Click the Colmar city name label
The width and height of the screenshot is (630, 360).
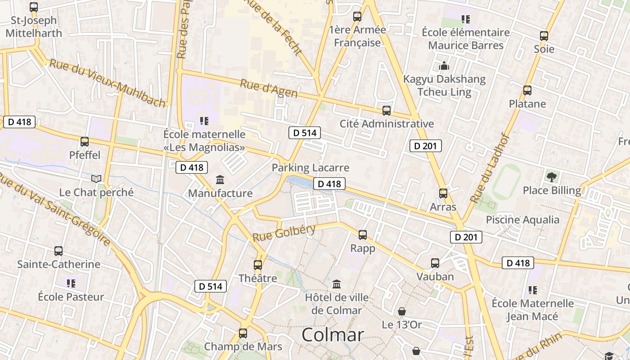tap(333, 335)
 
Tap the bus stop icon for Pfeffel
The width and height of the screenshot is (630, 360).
tap(85, 142)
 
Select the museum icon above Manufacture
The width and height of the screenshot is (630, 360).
tap(220, 180)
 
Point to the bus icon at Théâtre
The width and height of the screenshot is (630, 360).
tap(258, 265)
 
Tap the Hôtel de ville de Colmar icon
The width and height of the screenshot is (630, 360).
tap(337, 284)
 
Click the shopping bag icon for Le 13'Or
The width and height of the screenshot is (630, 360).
tap(402, 311)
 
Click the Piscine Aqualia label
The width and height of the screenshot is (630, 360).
tap(522, 220)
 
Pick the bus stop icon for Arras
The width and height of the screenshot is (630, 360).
tap(443, 193)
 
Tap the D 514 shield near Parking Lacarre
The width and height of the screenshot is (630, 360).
tap(305, 133)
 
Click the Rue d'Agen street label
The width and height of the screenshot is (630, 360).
tap(269, 88)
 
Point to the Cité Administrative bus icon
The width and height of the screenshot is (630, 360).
tap(386, 111)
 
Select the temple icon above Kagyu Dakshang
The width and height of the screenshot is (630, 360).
tap(444, 66)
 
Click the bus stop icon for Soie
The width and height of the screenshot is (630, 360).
tap(544, 36)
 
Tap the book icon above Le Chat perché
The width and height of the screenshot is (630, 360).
tap(96, 179)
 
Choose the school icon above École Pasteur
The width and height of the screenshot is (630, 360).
tap(71, 283)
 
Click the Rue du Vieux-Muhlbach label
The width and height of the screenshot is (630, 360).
tap(108, 83)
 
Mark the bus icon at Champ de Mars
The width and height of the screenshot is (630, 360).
tap(243, 333)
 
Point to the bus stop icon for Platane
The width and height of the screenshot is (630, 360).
tap(527, 90)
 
